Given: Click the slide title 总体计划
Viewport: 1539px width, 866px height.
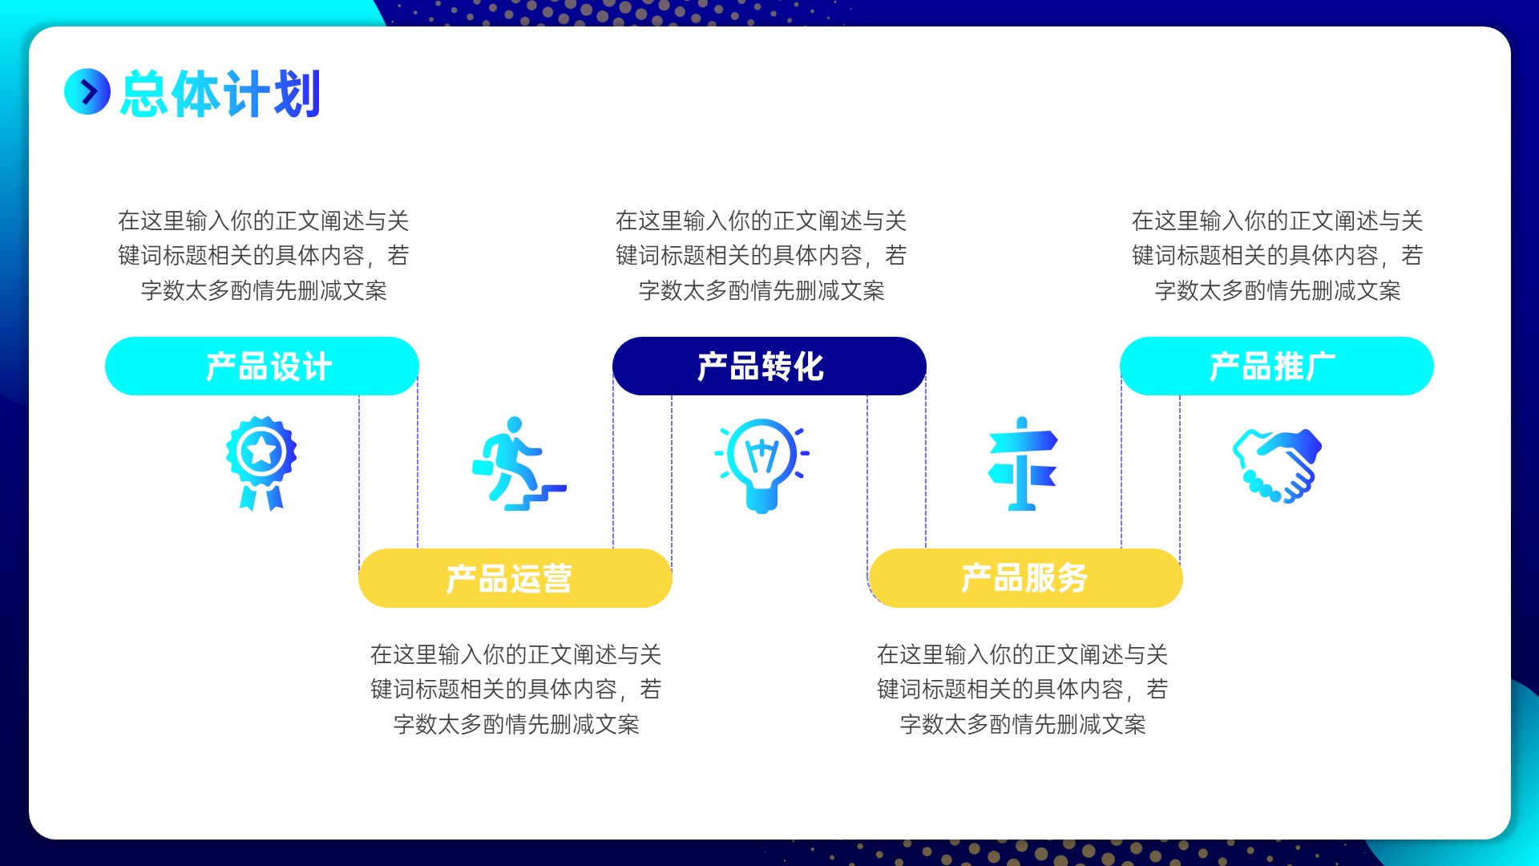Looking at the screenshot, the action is [x=220, y=94].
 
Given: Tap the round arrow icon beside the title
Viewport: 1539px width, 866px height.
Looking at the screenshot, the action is [x=87, y=91].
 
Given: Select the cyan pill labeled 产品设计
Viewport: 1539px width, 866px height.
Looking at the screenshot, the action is [x=262, y=366].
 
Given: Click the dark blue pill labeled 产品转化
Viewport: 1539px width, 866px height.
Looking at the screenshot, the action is [x=769, y=366].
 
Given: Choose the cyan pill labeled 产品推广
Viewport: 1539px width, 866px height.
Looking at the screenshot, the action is [x=1277, y=366].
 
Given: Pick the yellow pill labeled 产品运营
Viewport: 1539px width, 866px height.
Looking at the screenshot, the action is [x=515, y=578].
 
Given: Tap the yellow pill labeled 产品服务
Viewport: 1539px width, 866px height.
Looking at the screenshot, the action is [x=1025, y=578].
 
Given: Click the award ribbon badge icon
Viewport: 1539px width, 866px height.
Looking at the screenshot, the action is [x=261, y=463].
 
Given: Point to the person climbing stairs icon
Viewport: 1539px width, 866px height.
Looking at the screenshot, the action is [x=519, y=463].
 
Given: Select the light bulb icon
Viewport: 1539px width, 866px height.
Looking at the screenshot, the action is [x=761, y=465].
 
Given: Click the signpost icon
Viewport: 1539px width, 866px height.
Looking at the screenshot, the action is [x=1022, y=463].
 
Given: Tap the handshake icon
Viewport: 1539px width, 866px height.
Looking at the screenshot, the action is [x=1277, y=466].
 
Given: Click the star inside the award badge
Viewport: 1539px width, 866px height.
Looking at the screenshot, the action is [x=261, y=451].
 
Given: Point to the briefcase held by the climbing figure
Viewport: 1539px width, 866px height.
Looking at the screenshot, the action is [x=483, y=467].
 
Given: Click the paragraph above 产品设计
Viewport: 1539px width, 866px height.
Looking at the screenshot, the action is [x=264, y=255].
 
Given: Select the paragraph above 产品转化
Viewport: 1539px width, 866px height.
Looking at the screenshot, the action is [x=761, y=255].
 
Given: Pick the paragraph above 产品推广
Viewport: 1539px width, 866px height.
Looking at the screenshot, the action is [x=1278, y=255].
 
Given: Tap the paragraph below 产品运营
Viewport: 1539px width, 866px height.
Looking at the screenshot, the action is [x=516, y=689].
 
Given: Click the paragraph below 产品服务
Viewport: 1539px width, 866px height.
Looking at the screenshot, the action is [x=1023, y=689].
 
